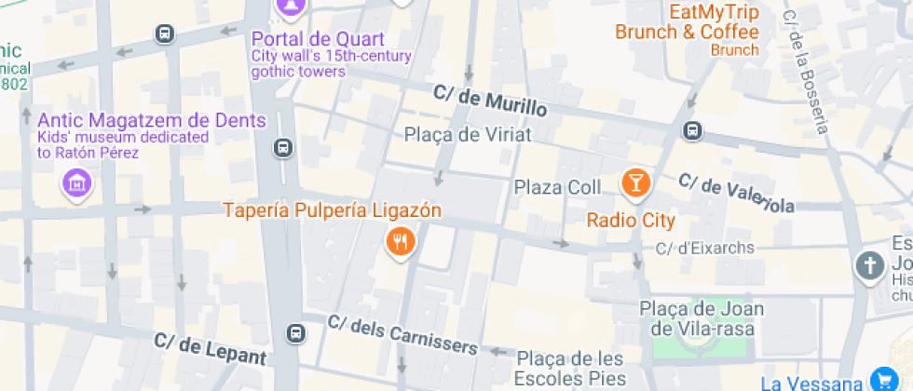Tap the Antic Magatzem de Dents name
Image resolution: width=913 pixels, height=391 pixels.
click(152, 121)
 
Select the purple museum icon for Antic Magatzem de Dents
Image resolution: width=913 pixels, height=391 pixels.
click(77, 182)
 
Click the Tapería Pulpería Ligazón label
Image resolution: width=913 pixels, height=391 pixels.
click(332, 210)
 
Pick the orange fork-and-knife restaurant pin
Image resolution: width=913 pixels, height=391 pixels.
click(400, 243)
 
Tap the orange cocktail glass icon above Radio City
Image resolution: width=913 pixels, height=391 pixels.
click(635, 182)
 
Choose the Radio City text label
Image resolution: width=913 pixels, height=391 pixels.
click(631, 221)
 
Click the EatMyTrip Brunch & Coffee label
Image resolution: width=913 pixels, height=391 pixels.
click(687, 23)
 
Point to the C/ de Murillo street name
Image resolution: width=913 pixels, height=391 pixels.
click(489, 101)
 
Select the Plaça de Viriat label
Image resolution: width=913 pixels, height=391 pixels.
click(468, 135)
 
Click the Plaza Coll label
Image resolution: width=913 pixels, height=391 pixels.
click(558, 187)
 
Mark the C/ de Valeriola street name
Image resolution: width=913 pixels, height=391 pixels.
click(736, 193)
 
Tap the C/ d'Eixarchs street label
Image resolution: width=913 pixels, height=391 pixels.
click(705, 249)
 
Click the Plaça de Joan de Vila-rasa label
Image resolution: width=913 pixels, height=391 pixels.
click(702, 317)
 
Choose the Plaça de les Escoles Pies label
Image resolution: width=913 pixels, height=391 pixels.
click(570, 369)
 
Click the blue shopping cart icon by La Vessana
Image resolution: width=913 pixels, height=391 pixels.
click(881, 379)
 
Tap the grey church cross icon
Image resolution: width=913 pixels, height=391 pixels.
click(869, 267)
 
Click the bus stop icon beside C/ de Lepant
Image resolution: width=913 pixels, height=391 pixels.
click(296, 332)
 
